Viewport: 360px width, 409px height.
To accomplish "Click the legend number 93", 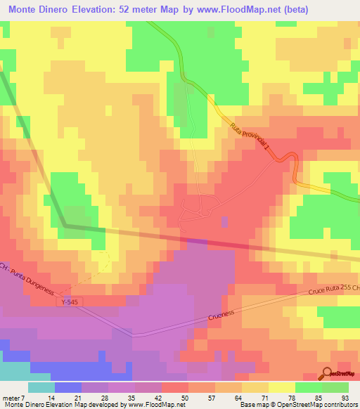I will [x=345, y=397].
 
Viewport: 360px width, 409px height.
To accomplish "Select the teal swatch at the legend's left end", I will [x=41, y=387].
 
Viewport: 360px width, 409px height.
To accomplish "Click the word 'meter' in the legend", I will [x=11, y=397].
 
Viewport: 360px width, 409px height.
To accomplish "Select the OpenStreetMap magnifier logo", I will [x=328, y=374].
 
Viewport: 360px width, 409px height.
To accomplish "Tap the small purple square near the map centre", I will [x=225, y=221].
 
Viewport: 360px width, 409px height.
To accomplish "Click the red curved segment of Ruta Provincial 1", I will [x=289, y=161].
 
